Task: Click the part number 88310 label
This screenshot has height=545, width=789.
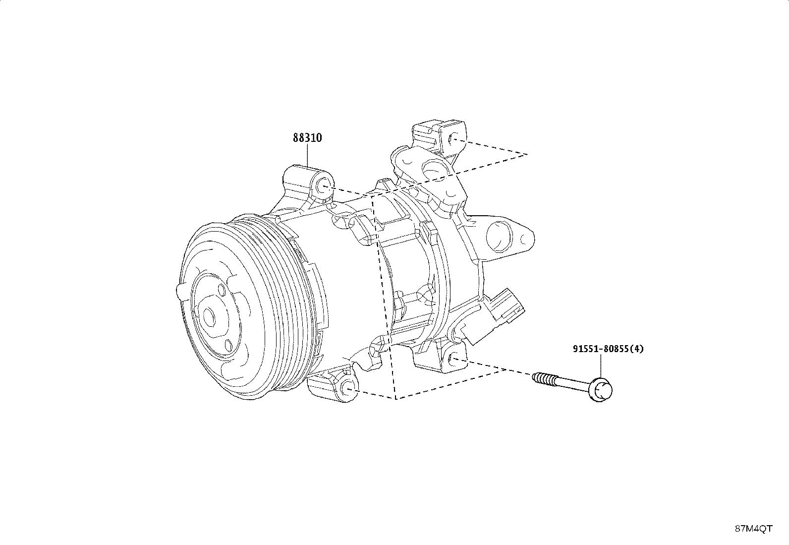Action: point(307,138)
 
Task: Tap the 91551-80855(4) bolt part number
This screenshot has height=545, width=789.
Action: point(608,349)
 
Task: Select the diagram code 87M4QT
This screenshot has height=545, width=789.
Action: point(753,529)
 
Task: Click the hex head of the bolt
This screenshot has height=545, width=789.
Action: point(601,390)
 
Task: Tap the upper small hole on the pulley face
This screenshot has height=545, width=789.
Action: point(222,290)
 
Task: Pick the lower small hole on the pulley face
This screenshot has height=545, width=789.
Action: point(228,345)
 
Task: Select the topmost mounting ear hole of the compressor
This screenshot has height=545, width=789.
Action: point(453,140)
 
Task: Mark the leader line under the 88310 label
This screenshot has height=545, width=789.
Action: point(307,155)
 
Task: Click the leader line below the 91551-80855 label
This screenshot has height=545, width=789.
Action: point(600,366)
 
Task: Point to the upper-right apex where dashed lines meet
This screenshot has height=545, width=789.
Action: point(527,154)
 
